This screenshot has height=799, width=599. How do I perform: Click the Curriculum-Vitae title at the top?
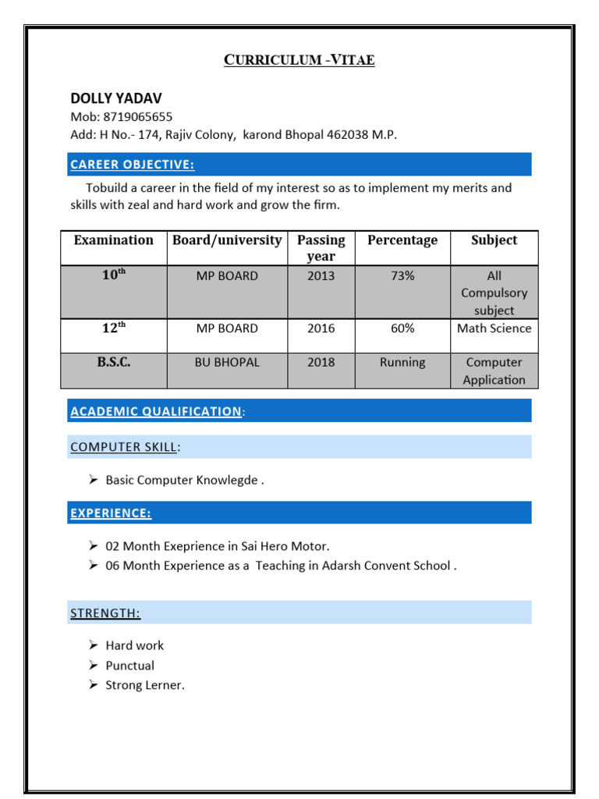pyautogui.click(x=299, y=60)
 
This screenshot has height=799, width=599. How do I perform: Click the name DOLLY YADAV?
pyautogui.click(x=116, y=98)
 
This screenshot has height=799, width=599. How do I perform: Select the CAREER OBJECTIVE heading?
pyautogui.click(x=132, y=165)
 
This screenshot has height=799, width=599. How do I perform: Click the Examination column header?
pyautogui.click(x=114, y=240)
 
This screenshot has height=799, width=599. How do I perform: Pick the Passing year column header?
pyautogui.click(x=321, y=248)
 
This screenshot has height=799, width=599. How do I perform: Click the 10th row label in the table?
pyautogui.click(x=114, y=276)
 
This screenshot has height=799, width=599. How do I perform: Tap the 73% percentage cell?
pyautogui.click(x=402, y=276)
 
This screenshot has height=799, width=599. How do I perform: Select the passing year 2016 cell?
pyautogui.click(x=321, y=328)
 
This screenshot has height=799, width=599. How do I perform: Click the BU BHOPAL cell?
pyautogui.click(x=227, y=363)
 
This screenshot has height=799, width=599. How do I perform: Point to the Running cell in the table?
pyautogui.click(x=402, y=363)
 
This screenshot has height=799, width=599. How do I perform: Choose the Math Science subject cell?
pyautogui.click(x=494, y=328)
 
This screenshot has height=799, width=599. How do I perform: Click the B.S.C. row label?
pyautogui.click(x=114, y=363)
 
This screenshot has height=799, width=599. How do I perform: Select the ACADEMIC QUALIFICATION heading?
pyautogui.click(x=156, y=411)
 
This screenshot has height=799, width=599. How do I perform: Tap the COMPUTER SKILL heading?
pyautogui.click(x=125, y=447)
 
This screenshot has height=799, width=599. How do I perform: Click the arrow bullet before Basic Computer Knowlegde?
pyautogui.click(x=93, y=480)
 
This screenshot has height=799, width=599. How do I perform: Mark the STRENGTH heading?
pyautogui.click(x=105, y=613)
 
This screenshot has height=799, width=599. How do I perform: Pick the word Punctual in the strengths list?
pyautogui.click(x=130, y=666)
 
